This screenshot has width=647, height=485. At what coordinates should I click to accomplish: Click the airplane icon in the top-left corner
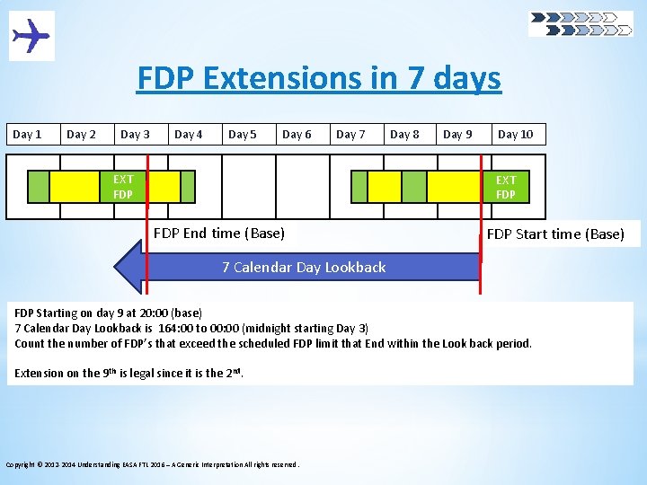31,36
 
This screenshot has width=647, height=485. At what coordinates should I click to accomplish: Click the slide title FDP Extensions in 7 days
319,79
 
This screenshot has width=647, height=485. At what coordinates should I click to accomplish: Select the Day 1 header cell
27,135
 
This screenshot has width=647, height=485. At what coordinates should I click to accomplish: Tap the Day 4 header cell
189,135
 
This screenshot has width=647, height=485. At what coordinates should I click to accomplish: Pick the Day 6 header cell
297,135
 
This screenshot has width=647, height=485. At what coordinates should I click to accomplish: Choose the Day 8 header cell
404,135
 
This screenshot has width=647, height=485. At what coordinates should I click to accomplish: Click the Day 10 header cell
515,135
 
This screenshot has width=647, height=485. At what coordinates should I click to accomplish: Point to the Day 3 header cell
135,135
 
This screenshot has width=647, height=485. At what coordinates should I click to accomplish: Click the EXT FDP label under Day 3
123,187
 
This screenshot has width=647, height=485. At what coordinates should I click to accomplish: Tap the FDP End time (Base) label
219,234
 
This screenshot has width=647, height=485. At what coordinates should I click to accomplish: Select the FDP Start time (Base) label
554,234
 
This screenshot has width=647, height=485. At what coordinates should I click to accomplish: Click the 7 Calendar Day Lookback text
304,268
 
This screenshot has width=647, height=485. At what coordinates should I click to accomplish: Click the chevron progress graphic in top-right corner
581,23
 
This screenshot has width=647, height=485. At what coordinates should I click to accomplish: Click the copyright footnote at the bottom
153,464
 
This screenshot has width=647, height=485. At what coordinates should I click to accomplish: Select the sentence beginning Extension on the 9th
129,373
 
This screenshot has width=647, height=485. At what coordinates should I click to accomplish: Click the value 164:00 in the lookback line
176,329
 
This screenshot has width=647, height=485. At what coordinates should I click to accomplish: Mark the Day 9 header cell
458,135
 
